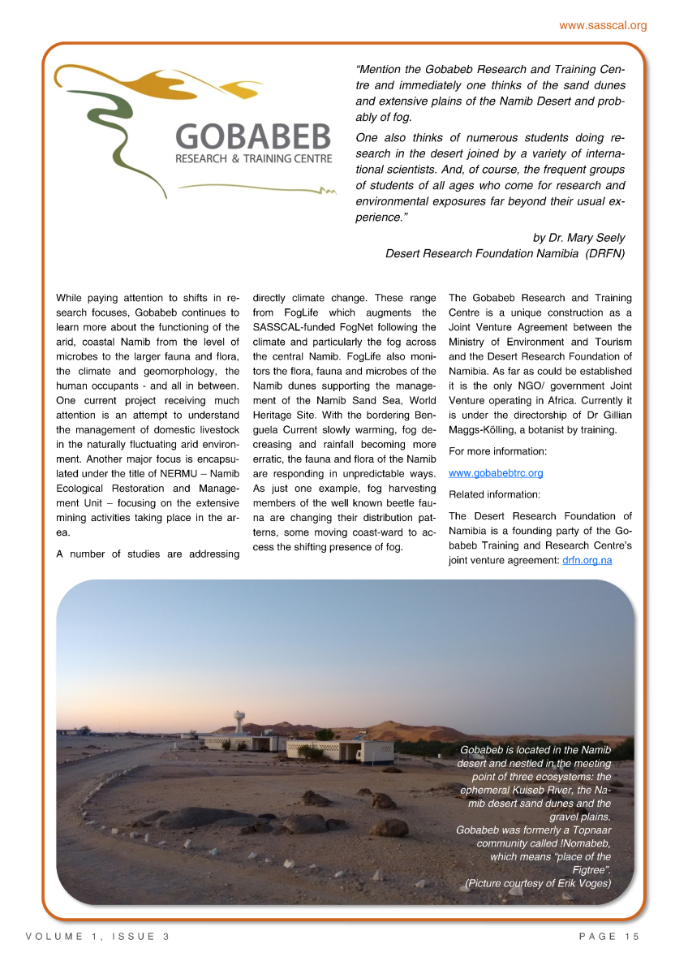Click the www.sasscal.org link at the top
[x=603, y=25]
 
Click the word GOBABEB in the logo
[x=253, y=136]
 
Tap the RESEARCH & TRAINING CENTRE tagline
[x=253, y=158]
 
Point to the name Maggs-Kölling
[x=484, y=430]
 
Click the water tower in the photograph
[x=239, y=722]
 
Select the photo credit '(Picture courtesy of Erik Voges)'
[x=537, y=883]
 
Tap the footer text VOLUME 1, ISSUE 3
[x=97, y=937]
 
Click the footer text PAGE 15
[x=609, y=937]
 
